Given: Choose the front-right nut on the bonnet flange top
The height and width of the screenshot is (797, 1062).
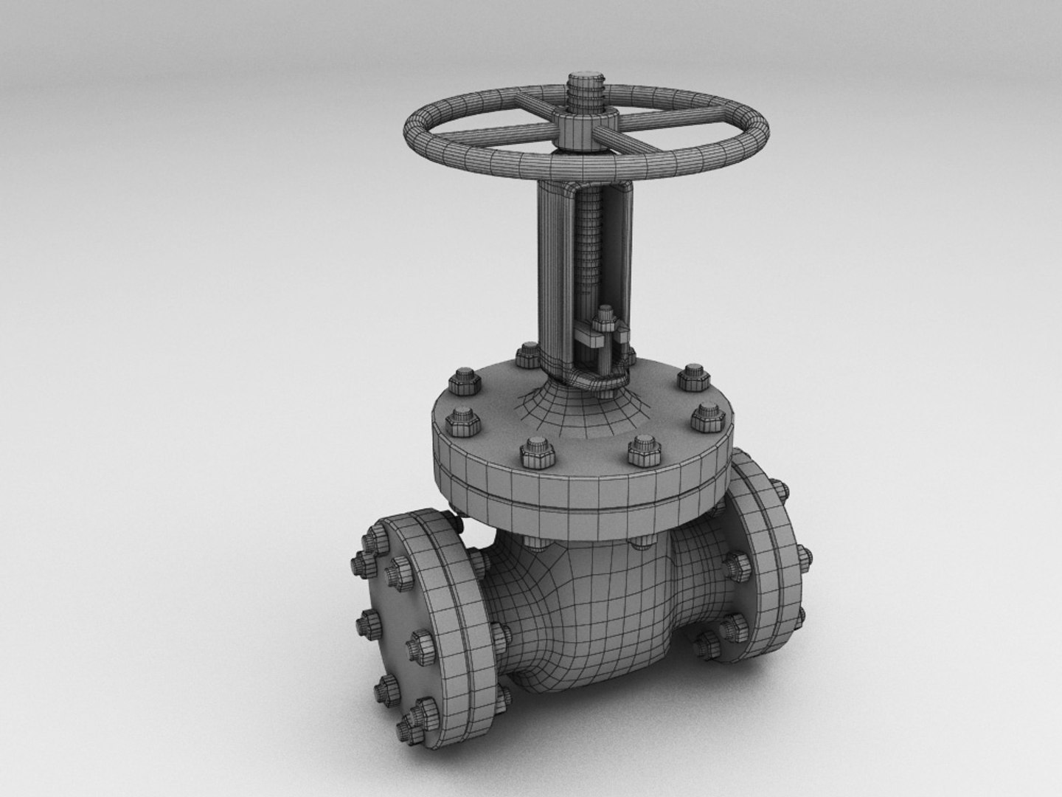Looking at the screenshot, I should (x=641, y=449).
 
